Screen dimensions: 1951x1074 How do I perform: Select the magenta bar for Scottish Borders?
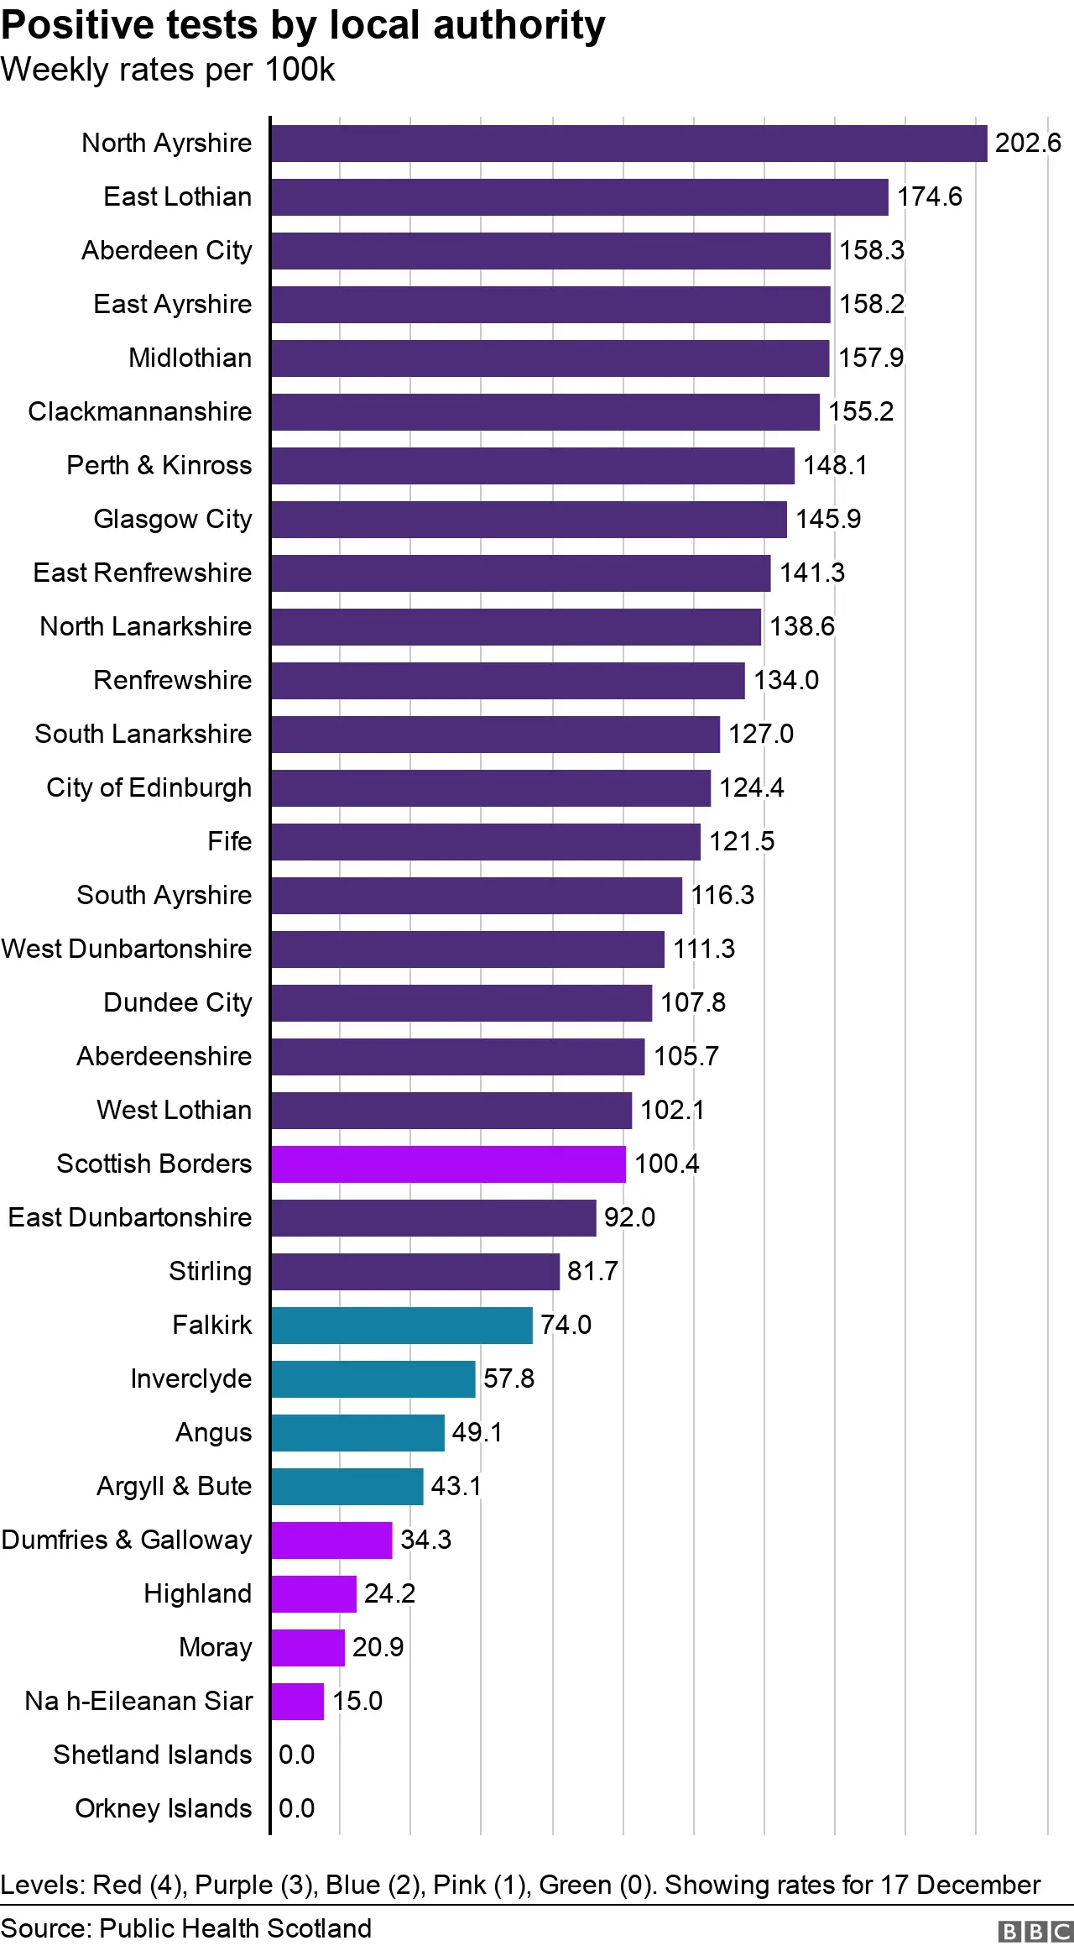pyautogui.click(x=448, y=1164)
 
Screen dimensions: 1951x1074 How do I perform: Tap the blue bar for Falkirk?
pyautogui.click(x=401, y=1326)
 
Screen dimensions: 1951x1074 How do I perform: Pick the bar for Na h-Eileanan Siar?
pyautogui.click(x=298, y=1702)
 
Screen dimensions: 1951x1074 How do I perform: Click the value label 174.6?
pyautogui.click(x=929, y=197)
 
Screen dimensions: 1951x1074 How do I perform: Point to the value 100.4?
pyautogui.click(x=666, y=1164)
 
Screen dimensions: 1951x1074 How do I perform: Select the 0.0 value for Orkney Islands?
pyautogui.click(x=296, y=1809)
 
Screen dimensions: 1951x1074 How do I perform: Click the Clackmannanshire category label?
pyautogui.click(x=140, y=412)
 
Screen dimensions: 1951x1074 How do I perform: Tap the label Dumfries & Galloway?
pyautogui.click(x=127, y=1540)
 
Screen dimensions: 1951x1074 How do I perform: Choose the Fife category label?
pyautogui.click(x=229, y=842)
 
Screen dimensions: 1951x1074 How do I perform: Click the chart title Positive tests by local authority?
pyautogui.click(x=303, y=25)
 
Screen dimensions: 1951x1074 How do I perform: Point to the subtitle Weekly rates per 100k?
pyautogui.click(x=168, y=70)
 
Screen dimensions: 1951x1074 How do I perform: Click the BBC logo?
pyautogui.click(x=1035, y=1932)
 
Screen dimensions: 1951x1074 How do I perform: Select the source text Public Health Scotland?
pyautogui.click(x=235, y=1928)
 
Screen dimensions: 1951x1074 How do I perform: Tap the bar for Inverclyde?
pyautogui.click(x=373, y=1379)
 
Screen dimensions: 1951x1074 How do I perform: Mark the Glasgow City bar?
pyautogui.click(x=529, y=520)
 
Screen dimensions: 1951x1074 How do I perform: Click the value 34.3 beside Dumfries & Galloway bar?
pyautogui.click(x=425, y=1540)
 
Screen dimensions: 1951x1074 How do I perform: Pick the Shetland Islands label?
pyautogui.click(x=153, y=1755)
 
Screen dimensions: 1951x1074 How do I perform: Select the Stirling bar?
pyautogui.click(x=414, y=1272)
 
